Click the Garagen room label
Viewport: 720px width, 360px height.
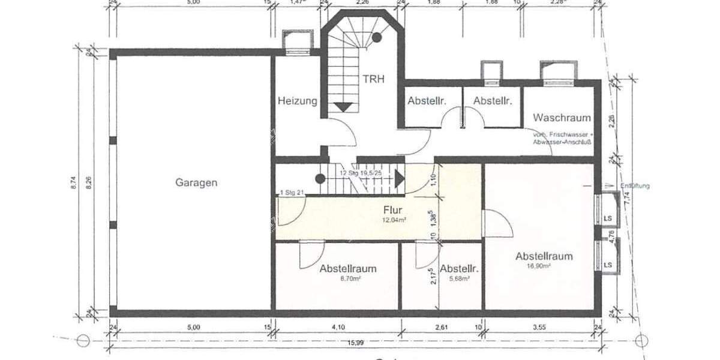197,182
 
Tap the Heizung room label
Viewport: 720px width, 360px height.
297,101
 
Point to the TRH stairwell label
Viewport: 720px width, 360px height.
373,79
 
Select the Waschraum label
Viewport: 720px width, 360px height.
562,118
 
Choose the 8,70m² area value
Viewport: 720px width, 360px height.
347,279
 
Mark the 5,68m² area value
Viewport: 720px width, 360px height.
458,279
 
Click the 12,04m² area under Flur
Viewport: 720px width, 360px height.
395,220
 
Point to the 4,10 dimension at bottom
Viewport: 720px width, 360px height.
338,328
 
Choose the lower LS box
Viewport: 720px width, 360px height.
608,264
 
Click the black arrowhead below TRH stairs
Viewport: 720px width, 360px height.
343,107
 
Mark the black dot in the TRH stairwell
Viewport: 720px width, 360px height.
377,37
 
